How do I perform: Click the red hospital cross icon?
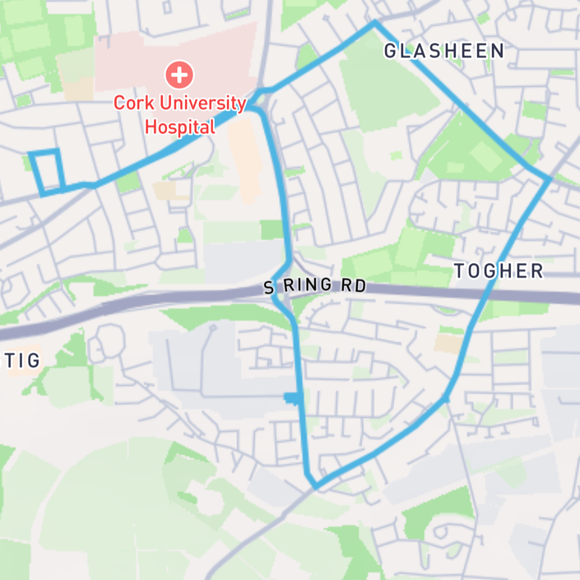click(180, 74)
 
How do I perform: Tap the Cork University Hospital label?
click(180, 115)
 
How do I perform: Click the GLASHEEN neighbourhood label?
click(444, 51)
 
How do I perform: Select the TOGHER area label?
click(498, 271)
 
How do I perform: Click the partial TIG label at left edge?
click(23, 361)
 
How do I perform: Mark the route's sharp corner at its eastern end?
click(549, 179)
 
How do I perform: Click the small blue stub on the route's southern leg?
click(292, 397)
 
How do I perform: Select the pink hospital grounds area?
click(220, 52)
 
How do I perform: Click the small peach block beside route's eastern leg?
click(448, 343)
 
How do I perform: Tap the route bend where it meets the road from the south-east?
click(445, 398)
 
